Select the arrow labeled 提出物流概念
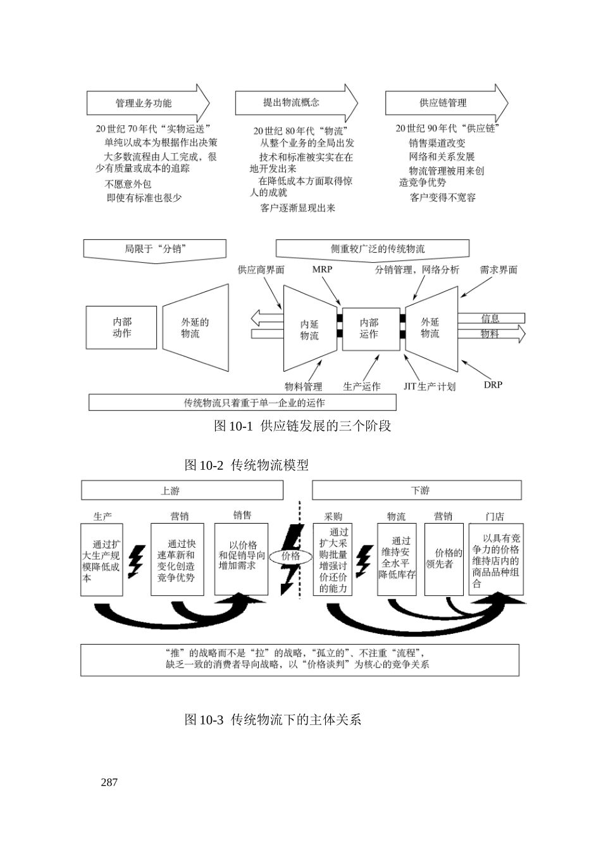[295, 103]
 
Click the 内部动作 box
[121, 327]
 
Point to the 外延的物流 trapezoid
[195, 327]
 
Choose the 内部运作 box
[370, 329]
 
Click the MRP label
[322, 269]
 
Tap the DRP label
[493, 384]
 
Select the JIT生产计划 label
[430, 386]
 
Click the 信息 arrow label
[490, 318]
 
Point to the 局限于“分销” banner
[154, 249]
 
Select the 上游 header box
[182, 490]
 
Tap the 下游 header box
[417, 490]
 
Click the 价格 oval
[290, 556]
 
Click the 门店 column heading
[495, 516]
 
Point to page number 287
[109, 782]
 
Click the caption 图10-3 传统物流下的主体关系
[273, 720]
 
